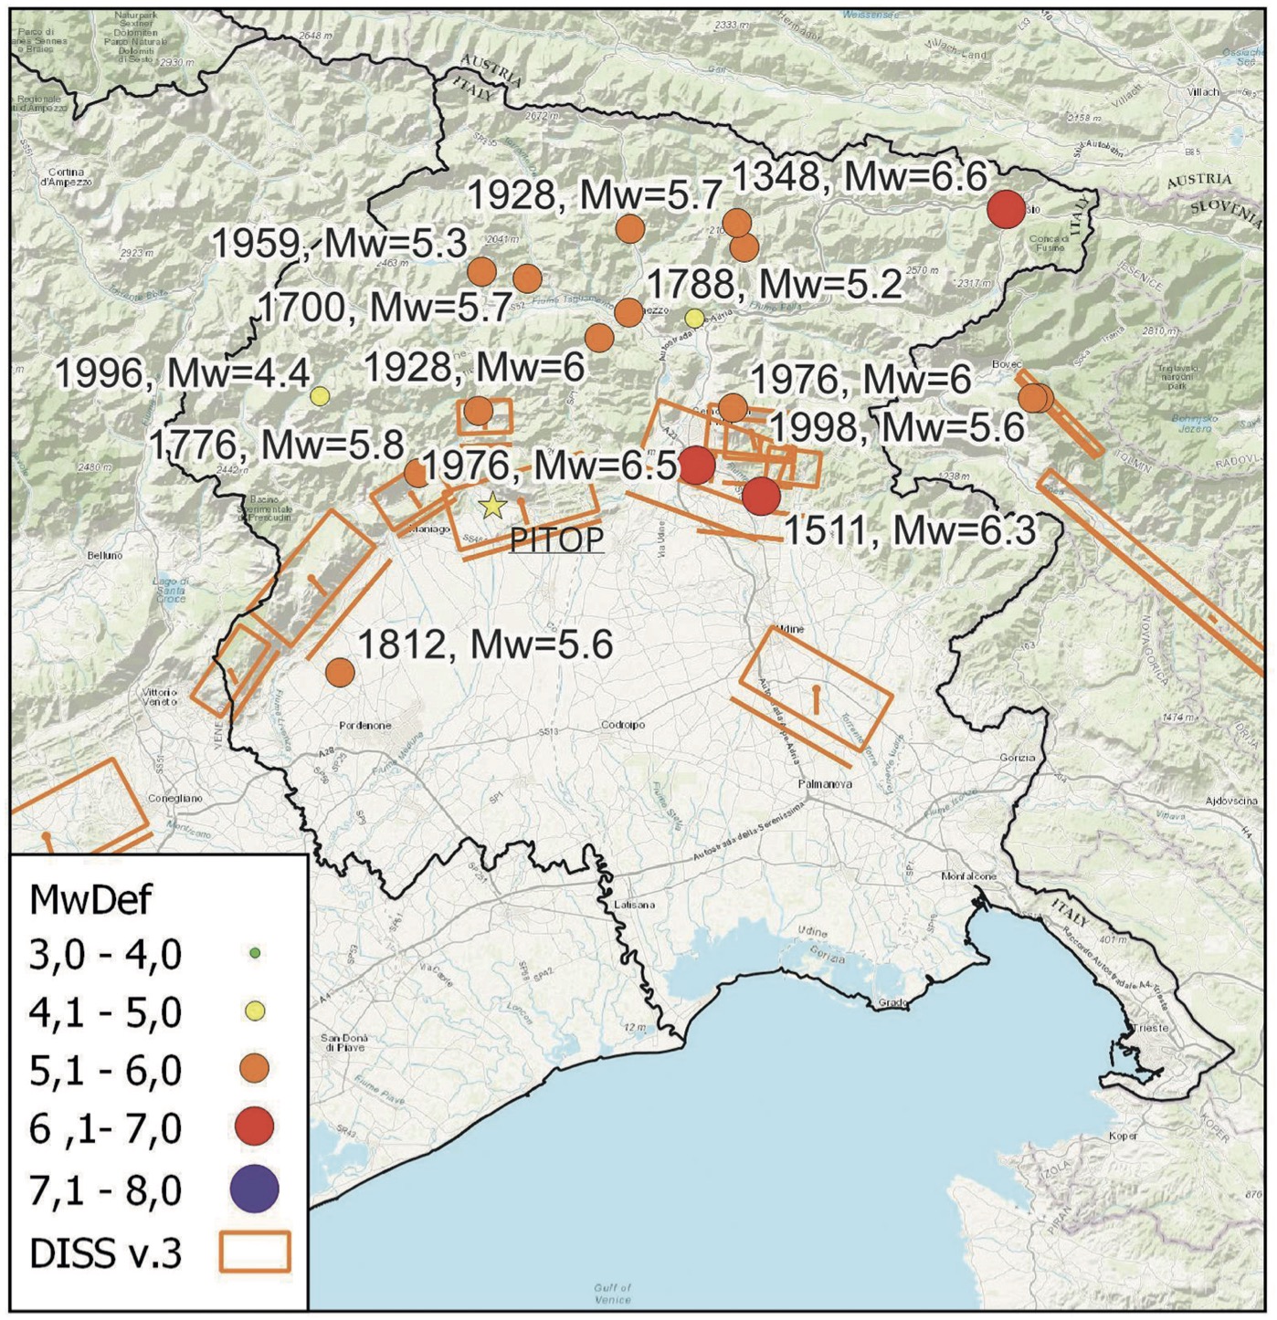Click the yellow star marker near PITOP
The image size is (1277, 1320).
tap(492, 505)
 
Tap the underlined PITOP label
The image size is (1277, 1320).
tap(556, 540)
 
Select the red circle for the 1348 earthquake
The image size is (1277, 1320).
tap(1007, 209)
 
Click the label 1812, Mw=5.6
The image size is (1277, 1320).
tap(484, 644)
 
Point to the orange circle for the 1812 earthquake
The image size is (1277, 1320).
tap(340, 673)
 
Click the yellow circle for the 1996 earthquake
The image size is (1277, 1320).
tap(319, 395)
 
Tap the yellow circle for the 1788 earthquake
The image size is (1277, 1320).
tap(694, 318)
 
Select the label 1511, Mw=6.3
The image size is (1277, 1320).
tap(909, 530)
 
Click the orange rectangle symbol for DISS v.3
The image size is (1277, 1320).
tap(255, 1252)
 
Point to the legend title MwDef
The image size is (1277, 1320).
tap(90, 899)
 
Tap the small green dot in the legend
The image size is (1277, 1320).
tap(255, 953)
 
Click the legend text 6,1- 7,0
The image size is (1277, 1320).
tap(105, 1129)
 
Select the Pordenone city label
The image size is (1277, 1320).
tap(364, 726)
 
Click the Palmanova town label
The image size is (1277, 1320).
tap(825, 784)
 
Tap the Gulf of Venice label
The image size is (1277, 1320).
tap(612, 1294)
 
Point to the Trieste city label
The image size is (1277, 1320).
tap(1149, 1028)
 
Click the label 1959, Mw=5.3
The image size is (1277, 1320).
tap(339, 244)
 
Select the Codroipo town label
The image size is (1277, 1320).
tap(622, 725)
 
